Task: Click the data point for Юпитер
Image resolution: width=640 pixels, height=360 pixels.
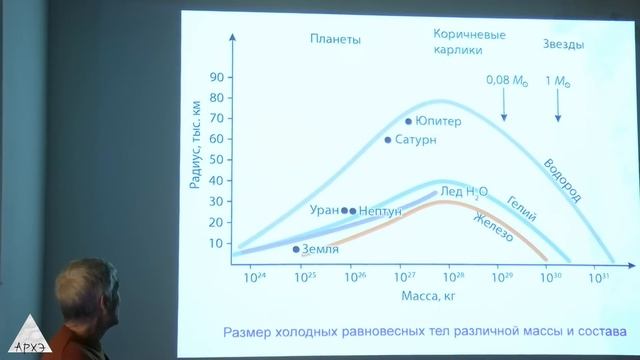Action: pyautogui.click(x=409, y=122)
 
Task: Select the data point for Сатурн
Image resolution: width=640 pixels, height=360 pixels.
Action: pyautogui.click(x=388, y=140)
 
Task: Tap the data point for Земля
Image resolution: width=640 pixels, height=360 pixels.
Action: pyautogui.click(x=296, y=249)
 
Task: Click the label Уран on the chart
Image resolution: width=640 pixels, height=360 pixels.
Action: pyautogui.click(x=324, y=211)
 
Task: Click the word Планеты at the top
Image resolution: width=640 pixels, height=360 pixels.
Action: pyautogui.click(x=334, y=40)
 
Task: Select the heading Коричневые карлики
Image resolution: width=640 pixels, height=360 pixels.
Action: pyautogui.click(x=469, y=41)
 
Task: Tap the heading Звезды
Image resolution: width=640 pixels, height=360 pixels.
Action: pyautogui.click(x=564, y=44)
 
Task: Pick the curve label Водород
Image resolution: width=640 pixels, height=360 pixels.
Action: pyautogui.click(x=562, y=180)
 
